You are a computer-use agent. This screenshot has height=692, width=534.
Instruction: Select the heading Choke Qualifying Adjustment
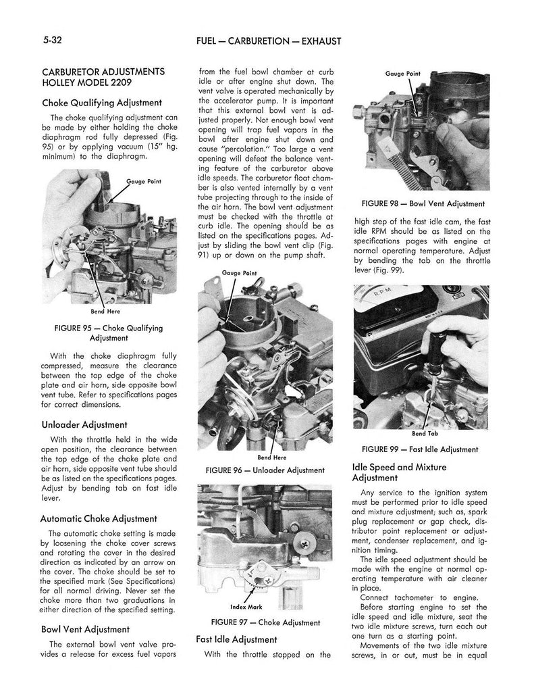pyautogui.click(x=101, y=103)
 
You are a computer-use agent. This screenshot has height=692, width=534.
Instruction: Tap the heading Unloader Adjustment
pyautogui.click(x=84, y=424)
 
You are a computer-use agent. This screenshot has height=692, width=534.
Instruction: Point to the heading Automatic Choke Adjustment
pyautogui.click(x=99, y=518)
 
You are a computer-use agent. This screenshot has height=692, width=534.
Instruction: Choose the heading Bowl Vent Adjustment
pyautogui.click(x=85, y=629)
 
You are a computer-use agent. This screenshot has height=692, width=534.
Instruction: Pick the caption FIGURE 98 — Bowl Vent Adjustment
pyautogui.click(x=422, y=203)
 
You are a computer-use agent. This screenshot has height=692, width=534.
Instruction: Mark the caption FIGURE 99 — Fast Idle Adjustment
pyautogui.click(x=419, y=449)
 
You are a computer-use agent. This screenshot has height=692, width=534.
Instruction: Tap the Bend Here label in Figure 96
pyautogui.click(x=262, y=458)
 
